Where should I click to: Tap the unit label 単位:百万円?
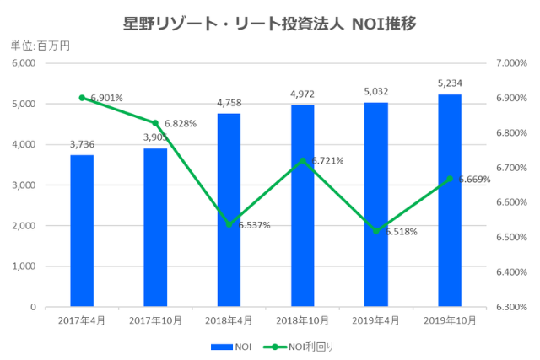point(40,46)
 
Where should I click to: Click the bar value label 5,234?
point(450,83)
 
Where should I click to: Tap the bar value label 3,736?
point(82,143)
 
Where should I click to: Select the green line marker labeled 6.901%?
point(82,98)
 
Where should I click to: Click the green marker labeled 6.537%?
point(229,224)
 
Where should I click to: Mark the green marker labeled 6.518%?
point(376,231)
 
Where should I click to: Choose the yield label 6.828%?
point(180,123)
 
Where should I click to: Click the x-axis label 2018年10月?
point(302,320)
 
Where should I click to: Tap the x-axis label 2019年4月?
point(376,320)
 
